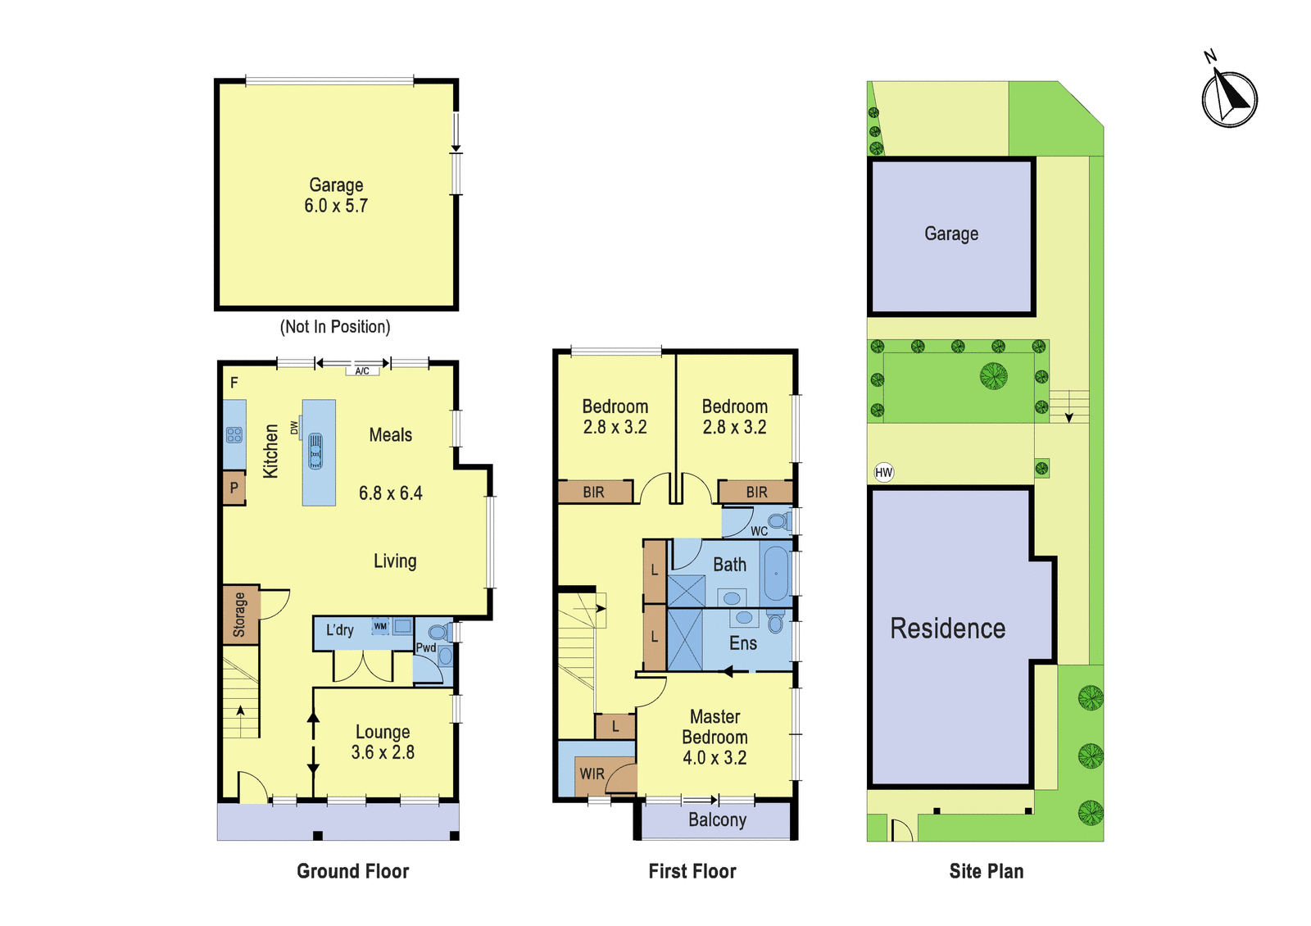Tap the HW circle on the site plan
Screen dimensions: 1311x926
point(884,472)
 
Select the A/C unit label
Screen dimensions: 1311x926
point(362,370)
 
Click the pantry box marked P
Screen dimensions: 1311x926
point(234,488)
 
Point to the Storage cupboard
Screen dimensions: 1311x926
point(241,615)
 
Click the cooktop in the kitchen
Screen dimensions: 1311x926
point(234,435)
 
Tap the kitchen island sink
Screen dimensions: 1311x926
point(315,451)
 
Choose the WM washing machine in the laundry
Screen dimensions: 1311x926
point(380,626)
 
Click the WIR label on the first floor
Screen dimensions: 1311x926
point(592,774)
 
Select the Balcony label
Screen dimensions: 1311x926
point(717,819)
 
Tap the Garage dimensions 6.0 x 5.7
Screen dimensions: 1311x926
point(336,206)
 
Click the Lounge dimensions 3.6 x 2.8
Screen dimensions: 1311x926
point(383,752)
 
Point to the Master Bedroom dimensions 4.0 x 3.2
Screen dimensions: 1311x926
point(714,758)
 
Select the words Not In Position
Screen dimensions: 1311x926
point(335,327)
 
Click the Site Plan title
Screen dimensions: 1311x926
point(987,871)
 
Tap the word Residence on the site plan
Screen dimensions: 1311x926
point(947,628)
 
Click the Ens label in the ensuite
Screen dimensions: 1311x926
point(742,643)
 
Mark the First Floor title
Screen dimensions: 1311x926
point(692,871)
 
